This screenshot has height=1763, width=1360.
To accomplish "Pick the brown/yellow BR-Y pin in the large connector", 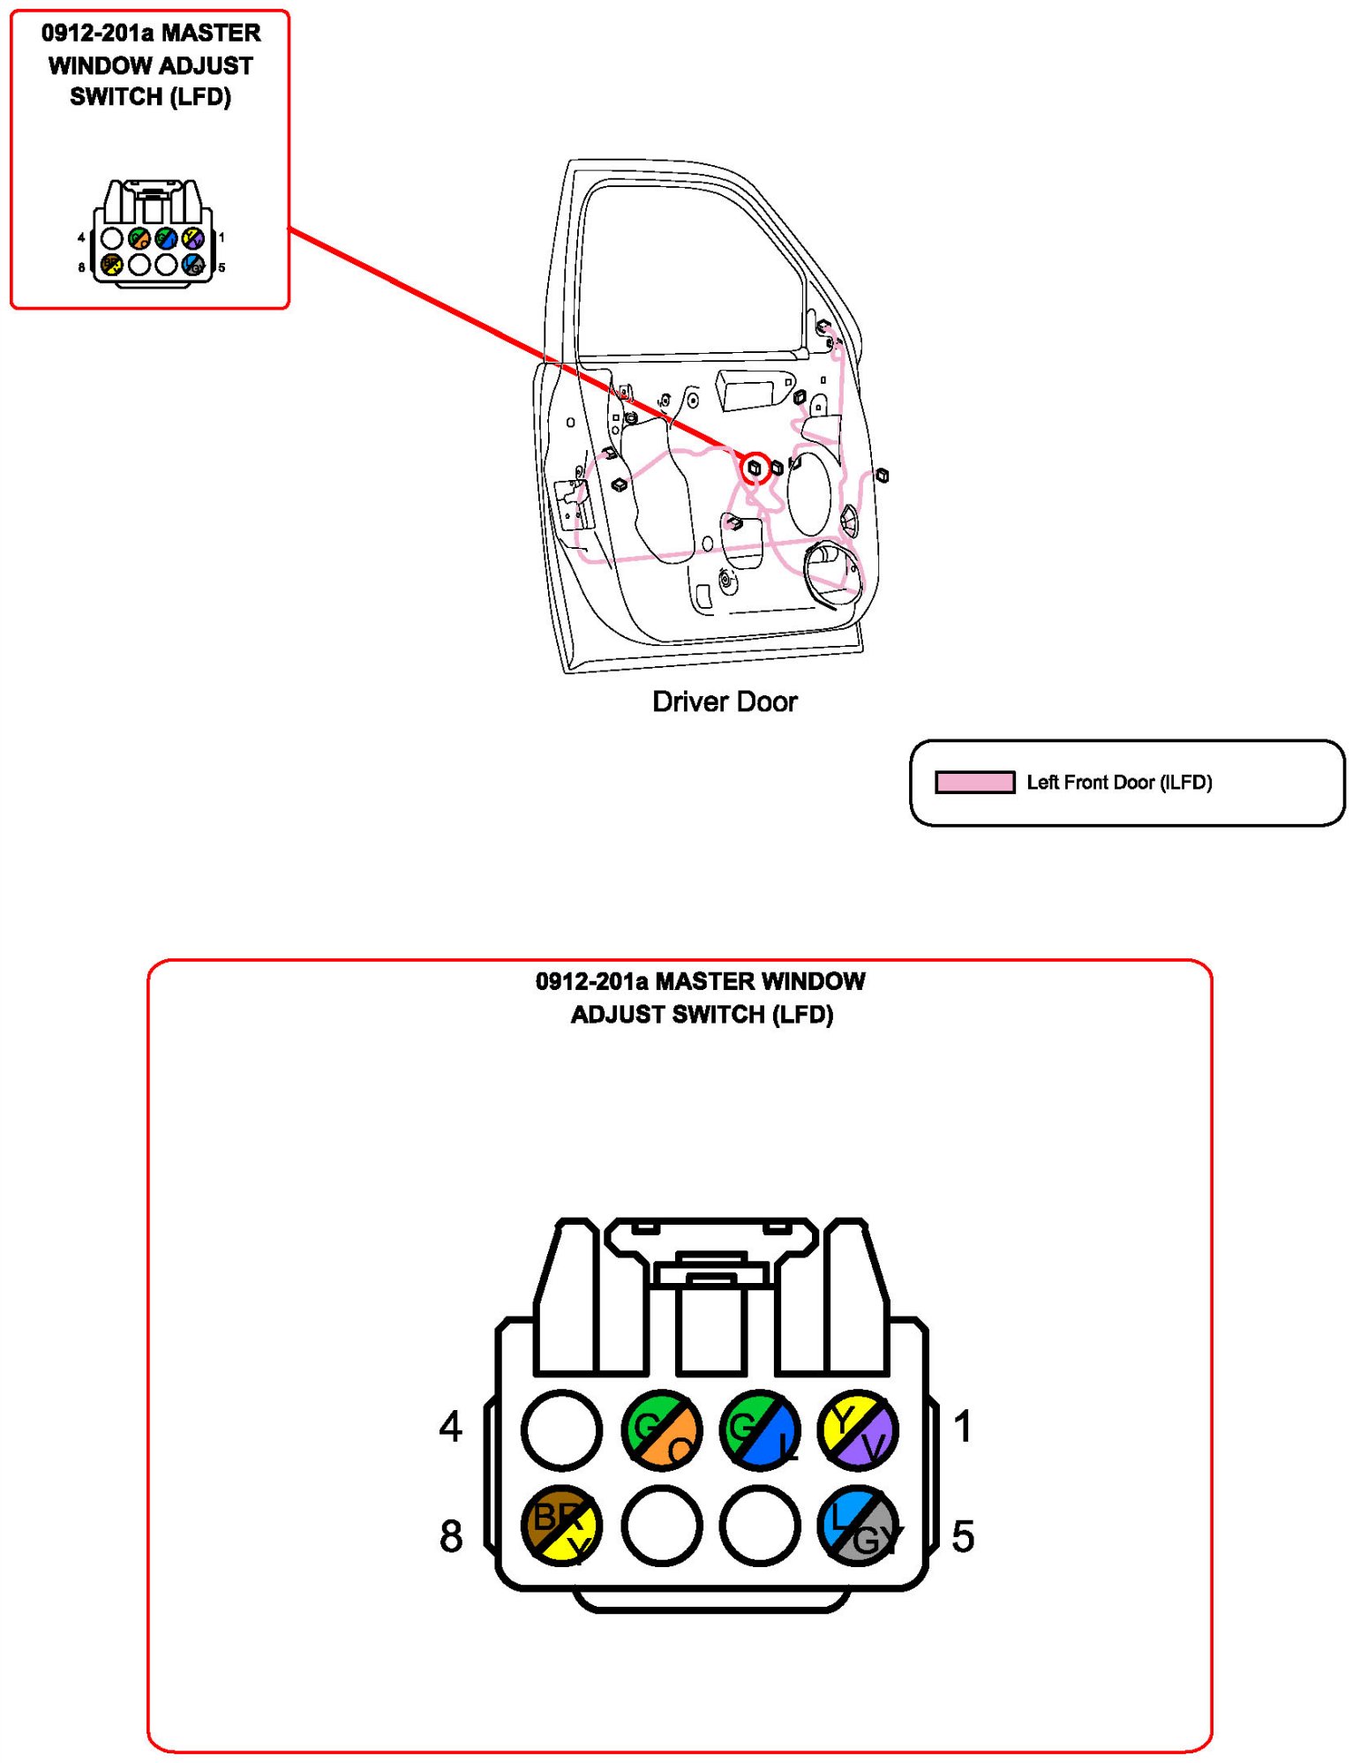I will pyautogui.click(x=561, y=1526).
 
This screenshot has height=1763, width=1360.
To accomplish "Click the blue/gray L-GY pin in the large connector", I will pyautogui.click(x=857, y=1526).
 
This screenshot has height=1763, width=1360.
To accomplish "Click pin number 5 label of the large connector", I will pyautogui.click(x=963, y=1536).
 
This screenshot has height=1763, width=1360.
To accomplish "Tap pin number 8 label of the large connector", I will pyautogui.click(x=451, y=1536).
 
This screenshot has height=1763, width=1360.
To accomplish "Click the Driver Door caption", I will pyautogui.click(x=724, y=701).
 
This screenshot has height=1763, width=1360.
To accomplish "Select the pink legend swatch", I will pyautogui.click(x=974, y=783).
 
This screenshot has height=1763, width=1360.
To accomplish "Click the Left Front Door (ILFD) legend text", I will pyautogui.click(x=1119, y=783).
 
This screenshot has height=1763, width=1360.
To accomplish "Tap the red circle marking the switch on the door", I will pyautogui.click(x=755, y=468).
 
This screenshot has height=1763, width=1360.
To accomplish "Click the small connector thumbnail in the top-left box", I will pyautogui.click(x=152, y=233).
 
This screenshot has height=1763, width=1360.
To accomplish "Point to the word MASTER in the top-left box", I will pyautogui.click(x=211, y=34).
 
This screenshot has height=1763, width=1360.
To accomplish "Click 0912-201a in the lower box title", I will pyautogui.click(x=591, y=981).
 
